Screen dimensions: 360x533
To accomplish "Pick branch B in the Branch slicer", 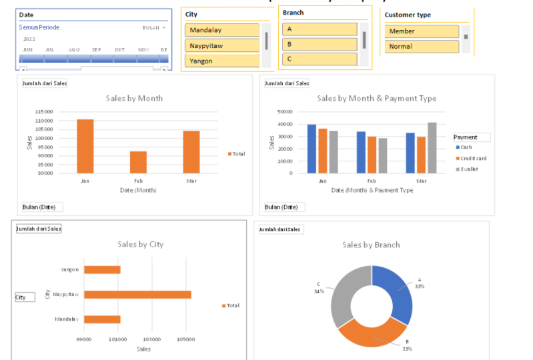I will pyautogui.click(x=320, y=44).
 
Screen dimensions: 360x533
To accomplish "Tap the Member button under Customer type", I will pyautogui.click(x=422, y=31).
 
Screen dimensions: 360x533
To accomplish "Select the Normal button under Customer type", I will pyautogui.click(x=422, y=47).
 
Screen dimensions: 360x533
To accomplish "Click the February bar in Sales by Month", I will pyautogui.click(x=138, y=162).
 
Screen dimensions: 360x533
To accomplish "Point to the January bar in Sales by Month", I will pyautogui.click(x=85, y=146).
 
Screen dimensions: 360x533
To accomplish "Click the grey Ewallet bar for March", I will pyautogui.click(x=432, y=147).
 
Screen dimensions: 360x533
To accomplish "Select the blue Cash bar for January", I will pyautogui.click(x=312, y=149).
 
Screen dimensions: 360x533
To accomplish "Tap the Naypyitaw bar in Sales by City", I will pyautogui.click(x=137, y=294).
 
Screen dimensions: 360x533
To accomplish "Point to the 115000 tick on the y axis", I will pyautogui.click(x=44, y=111).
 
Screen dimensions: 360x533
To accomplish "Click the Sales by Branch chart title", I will pyautogui.click(x=371, y=245).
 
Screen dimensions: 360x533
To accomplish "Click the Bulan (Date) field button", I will pyautogui.click(x=43, y=207).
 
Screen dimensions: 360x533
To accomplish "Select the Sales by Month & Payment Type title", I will pyautogui.click(x=376, y=98).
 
